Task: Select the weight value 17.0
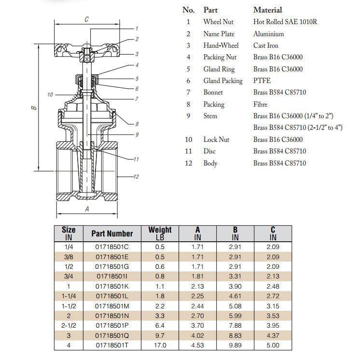(x=160, y=345)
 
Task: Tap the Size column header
(x=69, y=233)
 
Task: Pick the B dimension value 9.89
(x=235, y=345)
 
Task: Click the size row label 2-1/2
(x=69, y=325)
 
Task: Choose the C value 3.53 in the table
(x=273, y=315)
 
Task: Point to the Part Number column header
(x=112, y=234)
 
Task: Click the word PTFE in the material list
(x=262, y=81)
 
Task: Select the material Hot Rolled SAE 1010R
(x=285, y=22)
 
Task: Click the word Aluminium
(x=268, y=34)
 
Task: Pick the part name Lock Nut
(x=216, y=139)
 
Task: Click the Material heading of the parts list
(x=268, y=10)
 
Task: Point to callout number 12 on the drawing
(x=136, y=177)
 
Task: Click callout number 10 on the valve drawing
(x=50, y=95)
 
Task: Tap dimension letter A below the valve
(x=87, y=209)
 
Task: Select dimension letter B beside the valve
(x=34, y=108)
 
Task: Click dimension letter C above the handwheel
(x=86, y=19)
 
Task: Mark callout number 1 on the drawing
(x=137, y=28)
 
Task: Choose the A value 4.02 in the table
(x=197, y=335)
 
